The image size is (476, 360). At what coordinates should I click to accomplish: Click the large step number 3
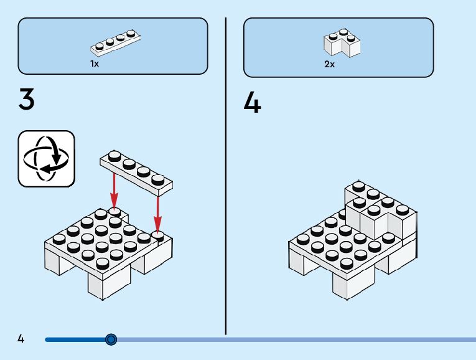click(26, 100)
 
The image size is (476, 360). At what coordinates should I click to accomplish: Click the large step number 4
click(252, 103)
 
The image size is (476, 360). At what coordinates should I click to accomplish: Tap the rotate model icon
click(46, 158)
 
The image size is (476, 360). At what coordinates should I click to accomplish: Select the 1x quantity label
click(95, 64)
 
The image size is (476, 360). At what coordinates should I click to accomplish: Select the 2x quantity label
click(329, 64)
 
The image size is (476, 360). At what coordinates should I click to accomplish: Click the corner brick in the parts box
click(342, 42)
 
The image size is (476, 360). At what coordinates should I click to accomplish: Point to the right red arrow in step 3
click(158, 212)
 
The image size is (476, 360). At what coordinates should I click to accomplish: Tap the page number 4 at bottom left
click(21, 339)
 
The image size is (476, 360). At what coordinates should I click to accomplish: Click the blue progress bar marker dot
click(111, 339)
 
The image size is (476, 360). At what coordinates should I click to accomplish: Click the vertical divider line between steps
click(225, 174)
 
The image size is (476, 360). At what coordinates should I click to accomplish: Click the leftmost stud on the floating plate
click(114, 155)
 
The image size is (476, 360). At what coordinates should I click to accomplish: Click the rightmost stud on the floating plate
click(160, 180)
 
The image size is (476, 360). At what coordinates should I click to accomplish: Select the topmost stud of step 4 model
click(358, 185)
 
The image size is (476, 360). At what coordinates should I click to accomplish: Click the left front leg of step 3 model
click(58, 260)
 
